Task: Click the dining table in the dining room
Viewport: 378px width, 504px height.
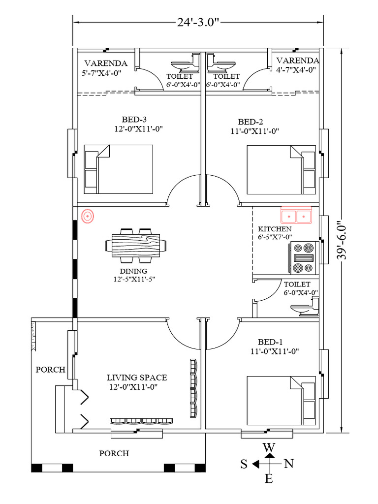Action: tap(136, 245)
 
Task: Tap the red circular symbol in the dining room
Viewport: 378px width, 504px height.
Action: tap(88, 216)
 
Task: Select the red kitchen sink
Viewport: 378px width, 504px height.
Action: tap(296, 216)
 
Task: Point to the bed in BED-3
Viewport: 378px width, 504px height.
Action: tap(119, 169)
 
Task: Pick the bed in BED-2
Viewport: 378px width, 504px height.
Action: tap(281, 169)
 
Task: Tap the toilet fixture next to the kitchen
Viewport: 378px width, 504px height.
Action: tap(305, 309)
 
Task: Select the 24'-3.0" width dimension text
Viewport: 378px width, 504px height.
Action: tap(199, 22)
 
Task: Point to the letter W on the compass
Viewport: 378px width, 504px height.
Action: tap(269, 447)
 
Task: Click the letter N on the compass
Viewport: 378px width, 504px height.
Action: tap(289, 463)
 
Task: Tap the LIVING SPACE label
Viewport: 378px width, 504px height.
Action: tap(137, 378)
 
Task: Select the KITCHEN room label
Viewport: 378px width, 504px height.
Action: tap(275, 229)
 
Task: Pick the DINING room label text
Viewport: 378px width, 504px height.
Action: tap(133, 271)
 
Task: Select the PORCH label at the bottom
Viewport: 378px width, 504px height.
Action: tap(114, 453)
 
